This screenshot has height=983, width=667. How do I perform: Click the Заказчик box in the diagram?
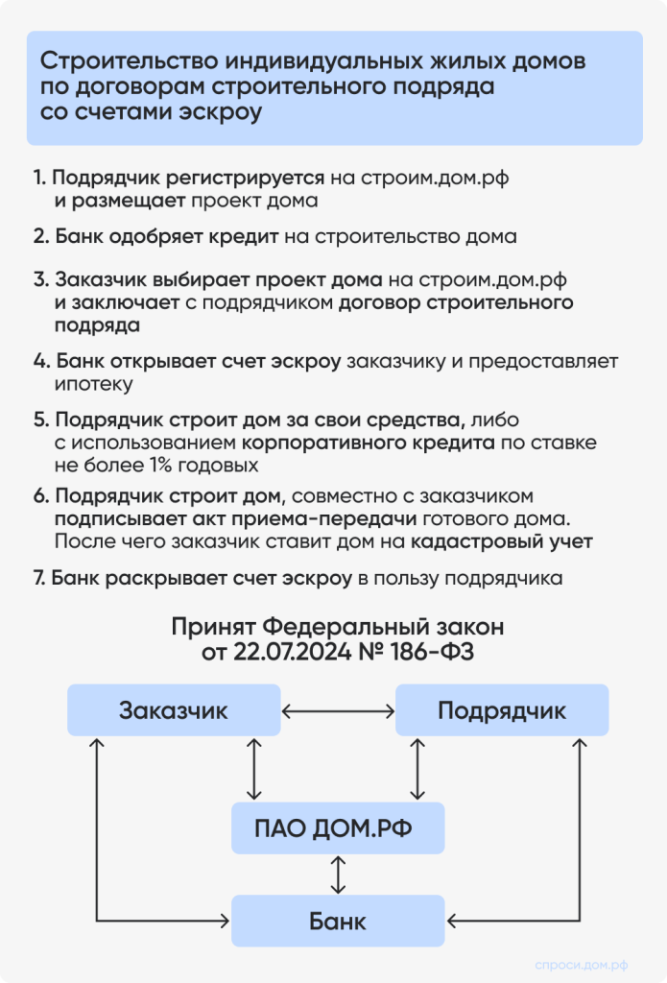[x=174, y=711]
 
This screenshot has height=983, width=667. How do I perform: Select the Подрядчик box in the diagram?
[x=502, y=711]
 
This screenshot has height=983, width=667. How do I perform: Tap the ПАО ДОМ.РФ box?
[x=338, y=827]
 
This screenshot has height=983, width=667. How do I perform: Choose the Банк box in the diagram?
[x=338, y=922]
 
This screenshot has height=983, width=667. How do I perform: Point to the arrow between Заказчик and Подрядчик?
[x=338, y=711]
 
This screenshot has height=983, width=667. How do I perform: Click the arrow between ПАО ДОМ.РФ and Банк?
[x=338, y=875]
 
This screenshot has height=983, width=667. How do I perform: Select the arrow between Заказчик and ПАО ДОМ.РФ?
[x=253, y=769]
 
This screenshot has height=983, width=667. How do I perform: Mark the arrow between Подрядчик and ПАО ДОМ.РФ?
[x=417, y=769]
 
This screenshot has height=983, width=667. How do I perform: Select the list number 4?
[x=40, y=362]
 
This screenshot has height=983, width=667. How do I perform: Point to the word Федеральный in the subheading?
[x=342, y=628]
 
